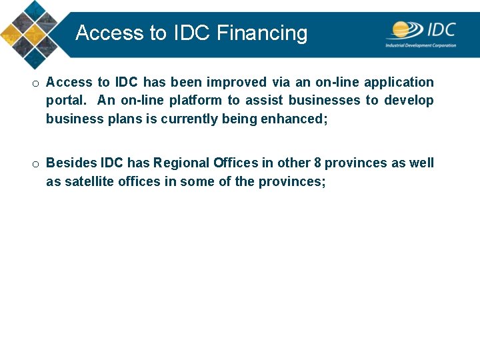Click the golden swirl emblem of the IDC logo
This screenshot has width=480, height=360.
point(405,30)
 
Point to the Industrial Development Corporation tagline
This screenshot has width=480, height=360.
point(421,45)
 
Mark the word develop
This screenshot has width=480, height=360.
point(409,101)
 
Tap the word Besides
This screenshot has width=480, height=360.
point(71,163)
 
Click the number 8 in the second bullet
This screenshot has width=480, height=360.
point(317,163)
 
